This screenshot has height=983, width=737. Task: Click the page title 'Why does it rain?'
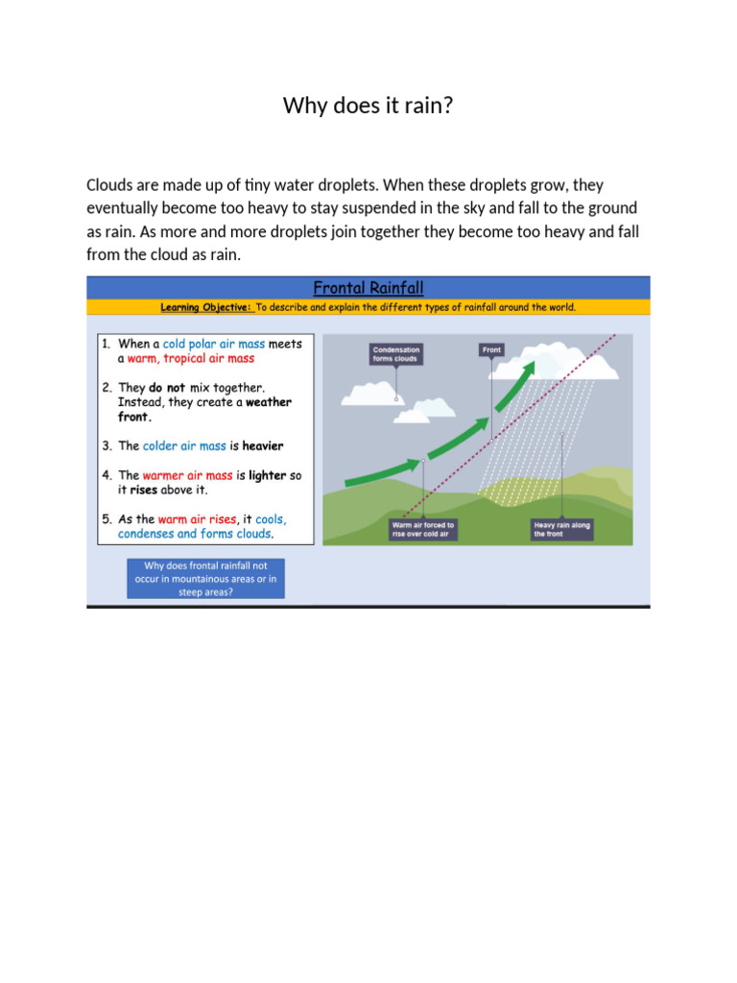click(368, 106)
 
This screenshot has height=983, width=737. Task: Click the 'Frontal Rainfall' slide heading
click(368, 287)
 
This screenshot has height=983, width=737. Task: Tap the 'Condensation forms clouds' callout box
click(395, 354)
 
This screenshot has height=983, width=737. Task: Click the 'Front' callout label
click(491, 350)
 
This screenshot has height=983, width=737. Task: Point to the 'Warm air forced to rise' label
click(422, 530)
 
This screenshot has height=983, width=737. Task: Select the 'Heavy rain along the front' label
click(561, 530)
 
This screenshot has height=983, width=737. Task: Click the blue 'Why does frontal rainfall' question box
click(205, 579)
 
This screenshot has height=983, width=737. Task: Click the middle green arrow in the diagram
click(459, 429)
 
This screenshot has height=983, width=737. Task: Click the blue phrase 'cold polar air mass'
click(213, 344)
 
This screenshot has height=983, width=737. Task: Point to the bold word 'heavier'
click(263, 446)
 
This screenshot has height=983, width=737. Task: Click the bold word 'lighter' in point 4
click(268, 475)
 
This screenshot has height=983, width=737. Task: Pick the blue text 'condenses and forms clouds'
click(195, 534)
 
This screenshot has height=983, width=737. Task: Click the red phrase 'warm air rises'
click(197, 519)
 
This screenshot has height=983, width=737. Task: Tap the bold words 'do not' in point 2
click(167, 388)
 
